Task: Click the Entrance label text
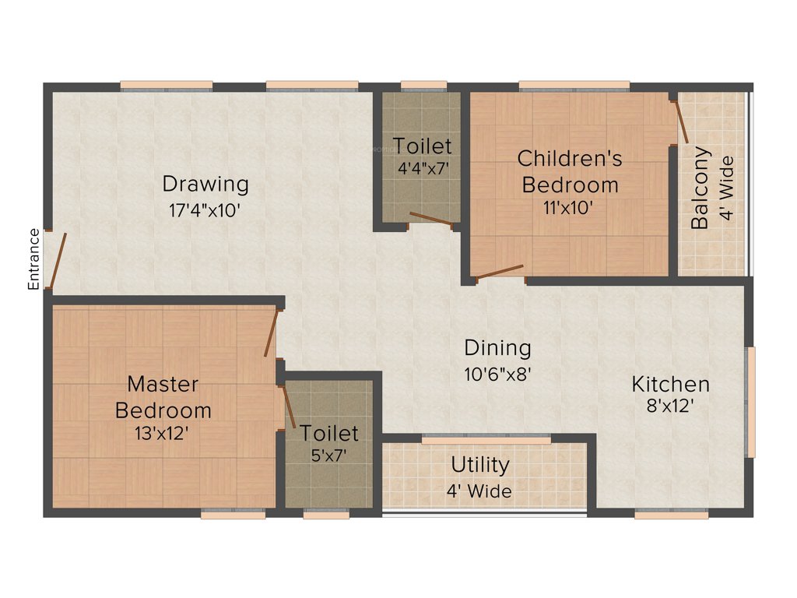tap(33, 259)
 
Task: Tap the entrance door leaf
tap(58, 261)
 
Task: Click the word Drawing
tap(205, 185)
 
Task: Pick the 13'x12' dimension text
tap(163, 433)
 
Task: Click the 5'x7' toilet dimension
tap(329, 455)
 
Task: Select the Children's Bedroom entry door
tap(499, 272)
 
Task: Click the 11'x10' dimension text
tap(570, 207)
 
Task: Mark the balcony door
tap(681, 121)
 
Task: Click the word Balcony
tap(700, 188)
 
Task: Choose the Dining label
tap(497, 347)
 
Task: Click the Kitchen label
tap(670, 384)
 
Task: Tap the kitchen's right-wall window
tap(750, 402)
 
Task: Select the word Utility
tap(480, 465)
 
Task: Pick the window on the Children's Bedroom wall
tap(574, 85)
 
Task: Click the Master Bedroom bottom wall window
tap(233, 514)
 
